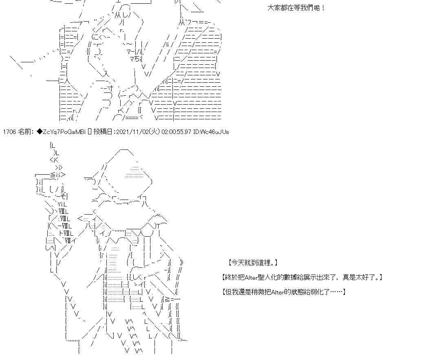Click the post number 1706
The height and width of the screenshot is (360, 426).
coord(9,132)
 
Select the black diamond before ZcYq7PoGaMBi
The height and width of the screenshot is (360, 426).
coord(40,132)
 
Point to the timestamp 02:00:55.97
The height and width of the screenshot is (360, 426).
coord(176,132)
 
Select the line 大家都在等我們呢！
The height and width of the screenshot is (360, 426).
coord(296,8)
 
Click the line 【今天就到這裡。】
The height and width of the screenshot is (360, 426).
coord(253,263)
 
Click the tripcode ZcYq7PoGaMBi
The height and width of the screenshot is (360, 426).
coord(64,132)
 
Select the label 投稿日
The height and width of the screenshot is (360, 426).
coord(103,132)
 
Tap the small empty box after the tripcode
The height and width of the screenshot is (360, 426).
coord(90,132)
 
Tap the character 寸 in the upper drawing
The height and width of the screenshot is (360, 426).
coord(110,88)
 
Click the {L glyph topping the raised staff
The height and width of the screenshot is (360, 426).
coord(53,145)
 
